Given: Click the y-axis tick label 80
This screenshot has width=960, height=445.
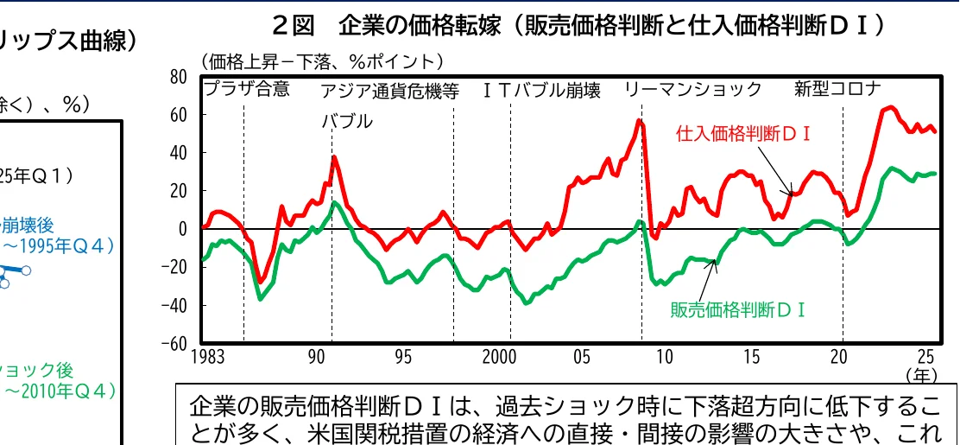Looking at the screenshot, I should click(179, 77).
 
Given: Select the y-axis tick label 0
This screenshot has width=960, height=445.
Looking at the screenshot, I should click(183, 229).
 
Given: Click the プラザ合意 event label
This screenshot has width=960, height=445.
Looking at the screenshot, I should click(246, 89).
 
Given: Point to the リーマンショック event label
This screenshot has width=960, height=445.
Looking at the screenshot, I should click(693, 90).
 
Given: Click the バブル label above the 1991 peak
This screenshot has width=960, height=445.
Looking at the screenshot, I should click(347, 122).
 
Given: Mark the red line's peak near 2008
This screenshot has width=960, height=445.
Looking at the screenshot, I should click(640, 120).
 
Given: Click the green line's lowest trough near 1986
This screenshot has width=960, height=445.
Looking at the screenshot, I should click(260, 299).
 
